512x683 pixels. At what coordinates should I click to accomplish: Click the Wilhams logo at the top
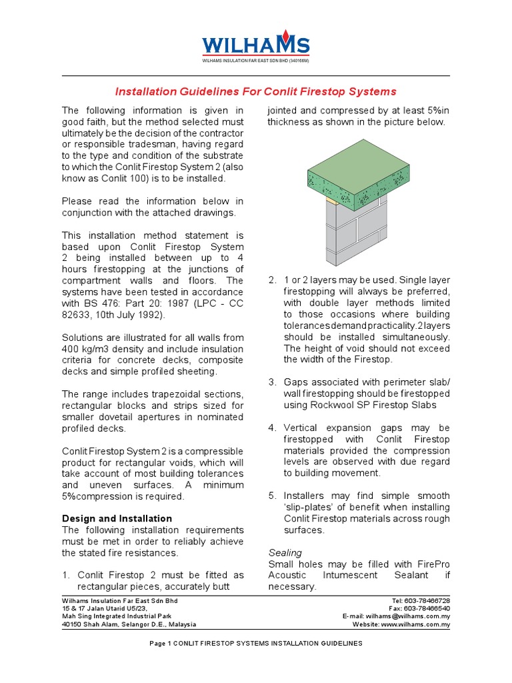(256, 45)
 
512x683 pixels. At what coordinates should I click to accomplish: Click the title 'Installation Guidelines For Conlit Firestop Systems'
(256, 91)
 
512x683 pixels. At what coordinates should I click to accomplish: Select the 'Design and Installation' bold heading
(117, 518)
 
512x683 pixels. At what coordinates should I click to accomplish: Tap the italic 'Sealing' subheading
(285, 553)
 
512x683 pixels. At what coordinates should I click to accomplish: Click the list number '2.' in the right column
(272, 280)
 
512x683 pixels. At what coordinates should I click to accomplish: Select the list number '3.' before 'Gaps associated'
(272, 382)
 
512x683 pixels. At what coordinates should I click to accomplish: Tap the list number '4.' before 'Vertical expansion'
(272, 428)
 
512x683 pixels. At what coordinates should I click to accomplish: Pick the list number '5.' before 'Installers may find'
(272, 496)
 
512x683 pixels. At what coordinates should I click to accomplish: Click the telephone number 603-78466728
(429, 601)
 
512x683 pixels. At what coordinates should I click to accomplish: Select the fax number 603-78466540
(429, 609)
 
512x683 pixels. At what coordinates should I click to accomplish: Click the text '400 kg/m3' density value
(88, 349)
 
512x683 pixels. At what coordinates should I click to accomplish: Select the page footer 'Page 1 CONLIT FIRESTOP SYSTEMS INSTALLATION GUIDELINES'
(256, 644)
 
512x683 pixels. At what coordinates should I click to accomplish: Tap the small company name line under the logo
(256, 61)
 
